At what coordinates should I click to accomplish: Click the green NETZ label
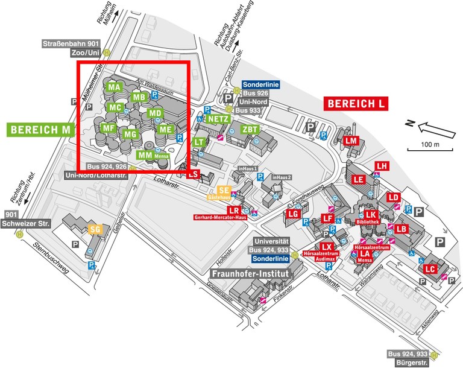pyautogui.click(x=218, y=119)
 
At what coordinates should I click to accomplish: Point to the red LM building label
pyautogui.click(x=352, y=141)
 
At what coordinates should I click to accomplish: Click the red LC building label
pyautogui.click(x=430, y=268)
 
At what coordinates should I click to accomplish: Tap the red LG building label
pyautogui.click(x=294, y=214)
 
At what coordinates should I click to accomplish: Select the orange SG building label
pyautogui.click(x=95, y=229)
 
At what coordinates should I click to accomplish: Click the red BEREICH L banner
pyautogui.click(x=356, y=103)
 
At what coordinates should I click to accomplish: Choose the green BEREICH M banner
pyautogui.click(x=41, y=129)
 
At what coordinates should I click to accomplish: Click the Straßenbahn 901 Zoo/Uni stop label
pyautogui.click(x=71, y=48)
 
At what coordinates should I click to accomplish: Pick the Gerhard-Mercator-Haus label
pyautogui.click(x=222, y=217)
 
